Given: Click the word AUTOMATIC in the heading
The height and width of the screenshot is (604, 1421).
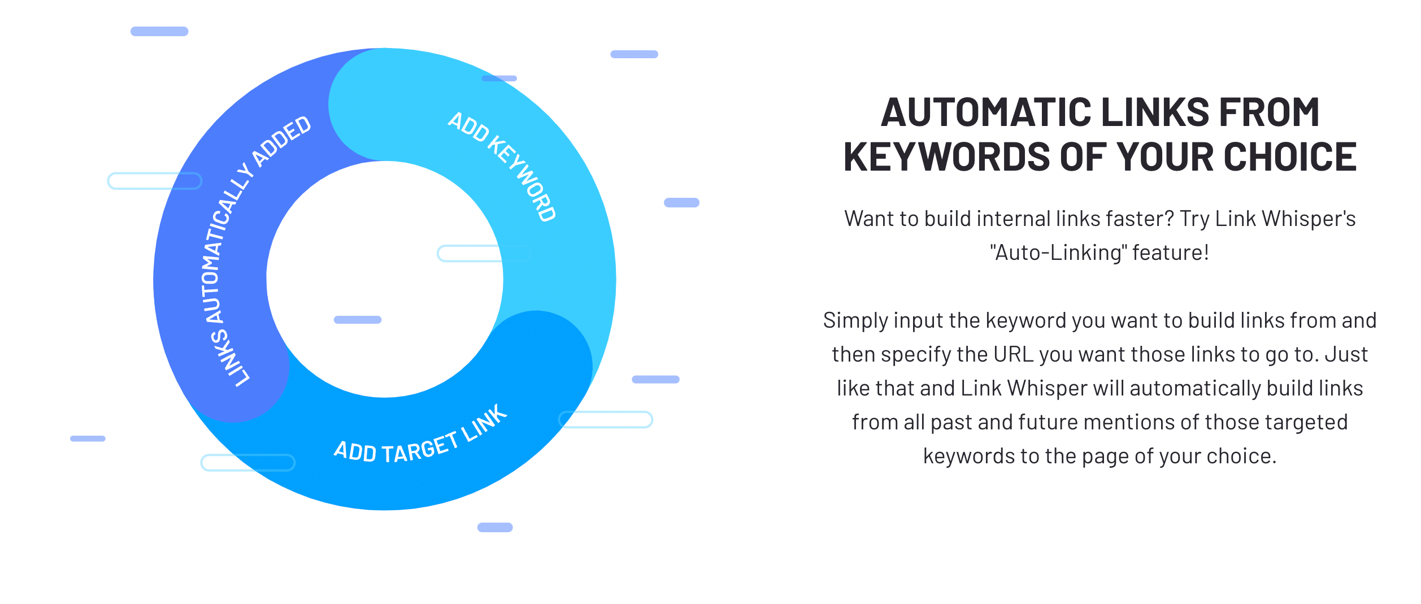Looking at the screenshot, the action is point(987,112).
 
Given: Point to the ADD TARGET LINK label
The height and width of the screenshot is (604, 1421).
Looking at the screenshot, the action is point(421,438).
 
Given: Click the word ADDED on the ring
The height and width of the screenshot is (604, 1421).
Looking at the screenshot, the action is point(281,141).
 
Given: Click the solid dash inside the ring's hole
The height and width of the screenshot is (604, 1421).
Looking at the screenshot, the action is point(358,320).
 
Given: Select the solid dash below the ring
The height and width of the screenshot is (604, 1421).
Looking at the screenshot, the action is point(495,527).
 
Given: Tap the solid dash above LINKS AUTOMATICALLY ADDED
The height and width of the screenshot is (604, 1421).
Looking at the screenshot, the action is point(159,32).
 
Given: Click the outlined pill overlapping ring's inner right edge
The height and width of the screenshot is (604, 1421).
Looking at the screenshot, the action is point(485,254).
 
